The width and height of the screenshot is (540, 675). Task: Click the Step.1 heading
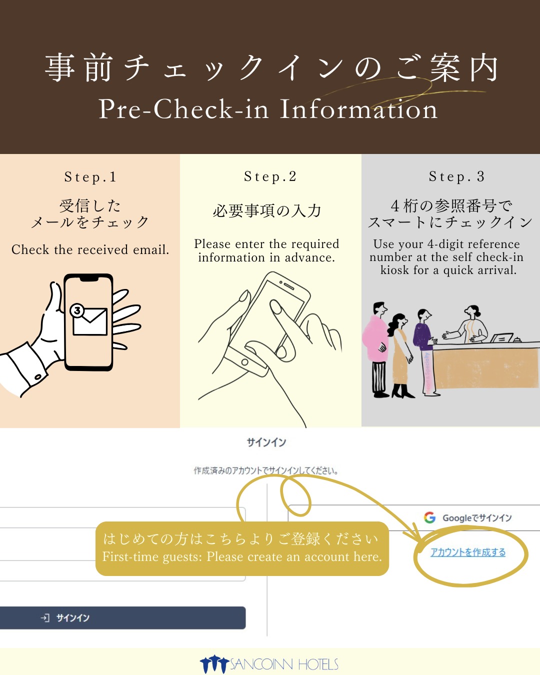pos(90,177)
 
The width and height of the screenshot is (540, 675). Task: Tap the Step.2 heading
pos(270,176)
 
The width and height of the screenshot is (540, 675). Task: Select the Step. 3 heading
pos(457,176)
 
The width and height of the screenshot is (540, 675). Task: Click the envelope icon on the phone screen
pos(90,321)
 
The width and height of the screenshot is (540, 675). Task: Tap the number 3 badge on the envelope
pos(77,310)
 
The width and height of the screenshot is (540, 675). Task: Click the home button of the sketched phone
pos(244,362)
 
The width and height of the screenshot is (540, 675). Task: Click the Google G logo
pos(429,517)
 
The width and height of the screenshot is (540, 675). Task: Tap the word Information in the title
pos(358,109)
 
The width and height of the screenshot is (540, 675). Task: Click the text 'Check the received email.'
pos(90,249)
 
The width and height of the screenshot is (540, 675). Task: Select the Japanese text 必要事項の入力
pos(267,210)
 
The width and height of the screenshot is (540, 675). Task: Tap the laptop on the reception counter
pos(501,337)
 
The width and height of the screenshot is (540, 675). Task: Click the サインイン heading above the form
pos(266,442)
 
